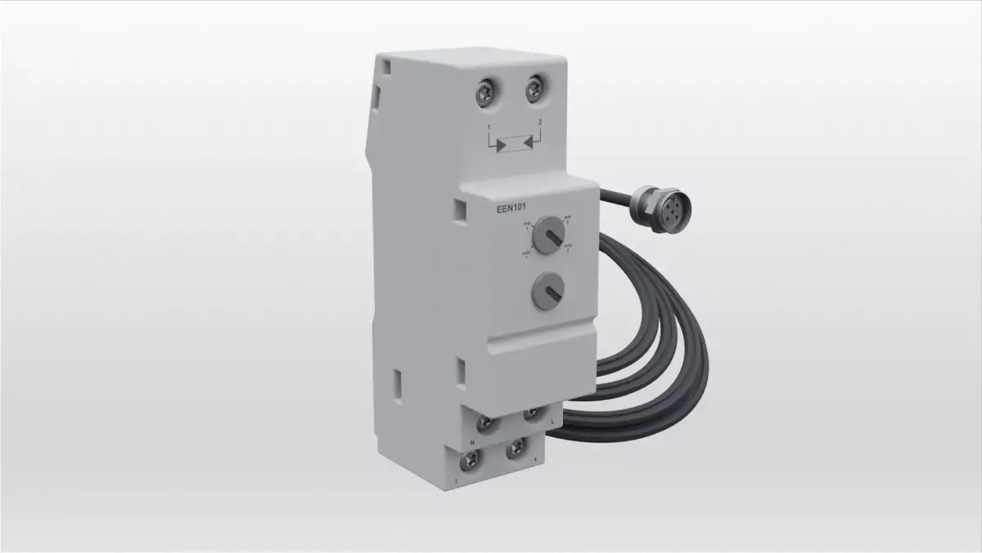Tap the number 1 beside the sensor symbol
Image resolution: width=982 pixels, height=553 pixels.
tap(489, 129)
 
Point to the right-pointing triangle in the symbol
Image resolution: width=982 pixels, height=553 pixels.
tap(498, 146)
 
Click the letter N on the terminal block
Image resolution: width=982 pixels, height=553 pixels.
tap(473, 443)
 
